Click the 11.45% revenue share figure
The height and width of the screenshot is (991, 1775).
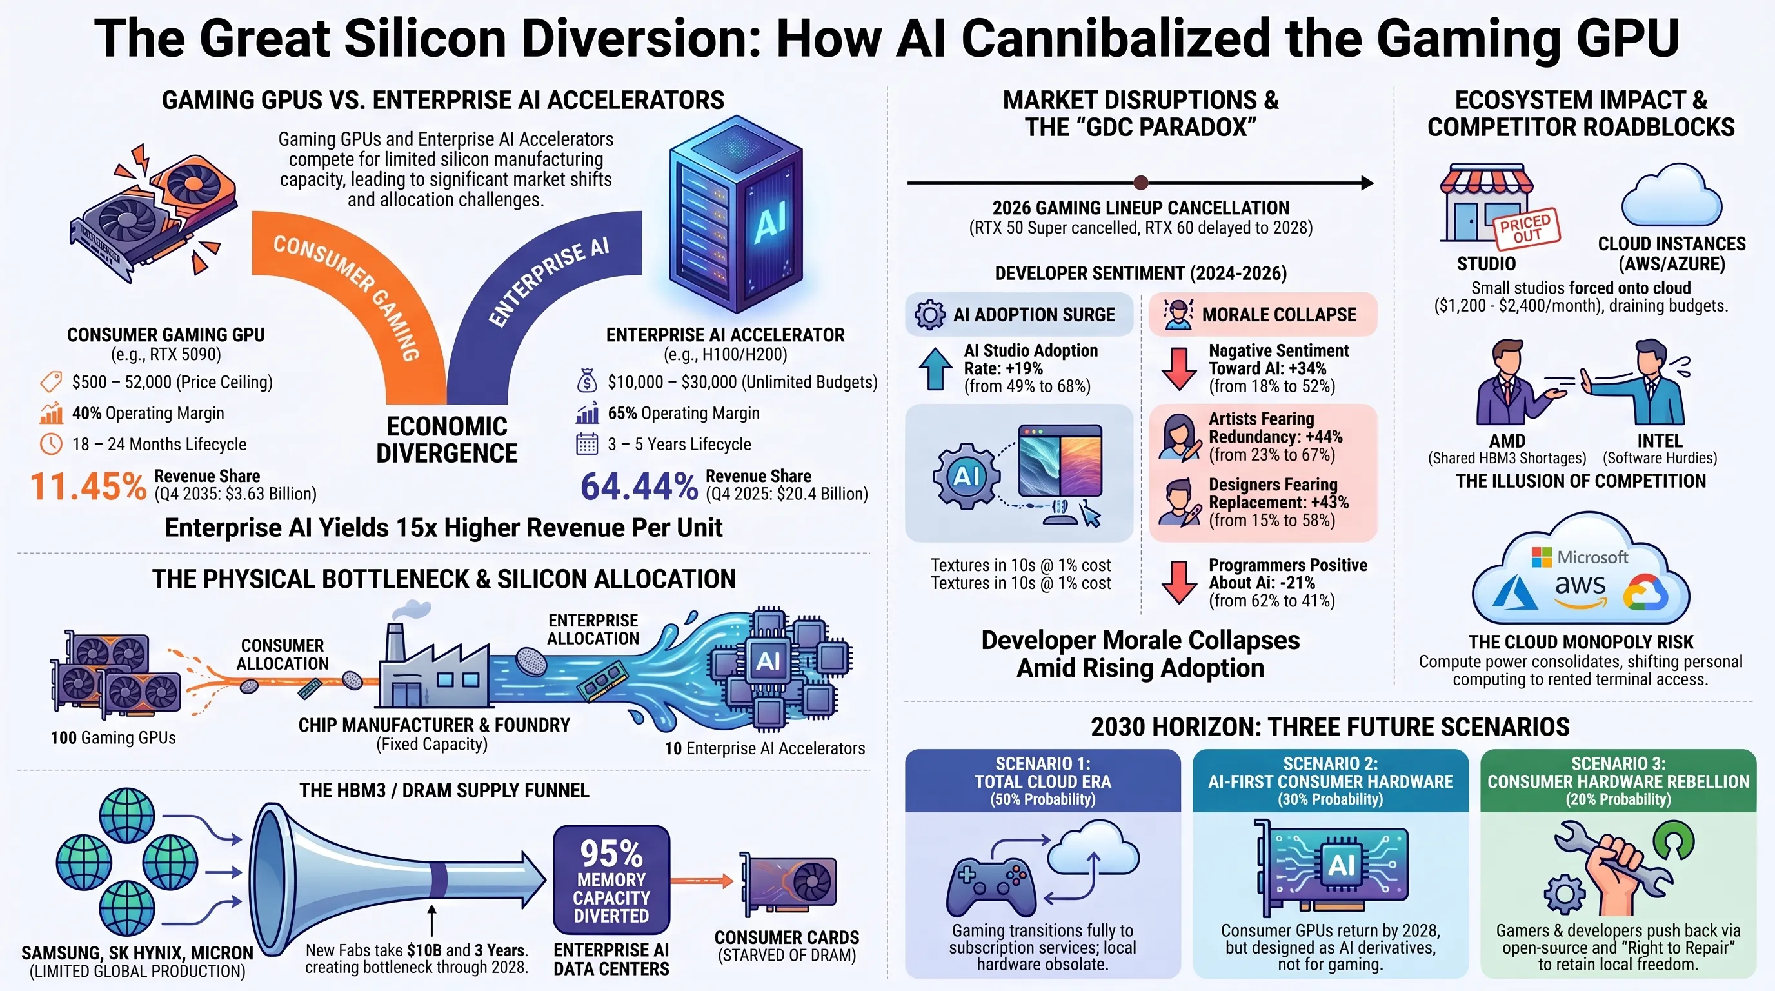[x=88, y=486]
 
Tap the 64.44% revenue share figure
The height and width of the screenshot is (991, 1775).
[x=639, y=486]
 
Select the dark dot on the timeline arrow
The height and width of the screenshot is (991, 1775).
[x=1141, y=183]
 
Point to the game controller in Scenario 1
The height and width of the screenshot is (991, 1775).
[x=990, y=886]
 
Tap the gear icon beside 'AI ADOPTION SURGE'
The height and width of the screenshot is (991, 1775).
[x=929, y=315]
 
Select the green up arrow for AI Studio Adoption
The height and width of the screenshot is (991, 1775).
[x=936, y=368]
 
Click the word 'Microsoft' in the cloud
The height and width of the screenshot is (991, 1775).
[x=1592, y=557]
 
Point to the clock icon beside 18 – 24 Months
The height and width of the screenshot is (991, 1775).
[x=51, y=444]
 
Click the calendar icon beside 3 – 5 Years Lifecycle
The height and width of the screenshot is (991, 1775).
[x=587, y=444]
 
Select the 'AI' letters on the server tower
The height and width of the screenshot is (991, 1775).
[x=770, y=223]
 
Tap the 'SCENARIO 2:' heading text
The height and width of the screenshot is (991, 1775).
[x=1330, y=764]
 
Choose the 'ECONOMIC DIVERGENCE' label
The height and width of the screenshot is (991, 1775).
[x=446, y=439]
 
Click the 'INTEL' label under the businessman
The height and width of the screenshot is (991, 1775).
[x=1660, y=441]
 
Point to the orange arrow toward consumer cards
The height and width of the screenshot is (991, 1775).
[x=702, y=880]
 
